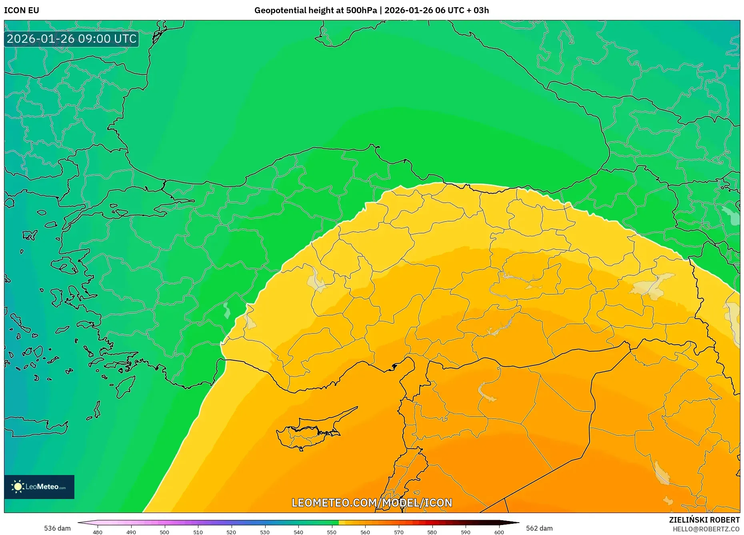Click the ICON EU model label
[x=22, y=10]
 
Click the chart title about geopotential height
[x=371, y=10]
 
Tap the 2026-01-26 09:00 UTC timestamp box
[x=72, y=39]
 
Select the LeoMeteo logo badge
[x=39, y=487]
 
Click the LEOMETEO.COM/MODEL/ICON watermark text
[x=372, y=503]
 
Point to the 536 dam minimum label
[x=57, y=528]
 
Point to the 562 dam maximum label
[x=539, y=528]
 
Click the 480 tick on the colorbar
[x=98, y=532]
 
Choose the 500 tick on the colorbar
[x=164, y=532]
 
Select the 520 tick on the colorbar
[x=231, y=532]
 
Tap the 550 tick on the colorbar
[x=332, y=532]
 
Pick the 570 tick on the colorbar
[x=398, y=532]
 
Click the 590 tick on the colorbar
[x=466, y=532]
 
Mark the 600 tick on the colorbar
[x=499, y=532]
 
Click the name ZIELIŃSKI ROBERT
[x=704, y=520]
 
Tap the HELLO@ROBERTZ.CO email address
[x=706, y=529]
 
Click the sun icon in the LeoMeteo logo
[x=18, y=487]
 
